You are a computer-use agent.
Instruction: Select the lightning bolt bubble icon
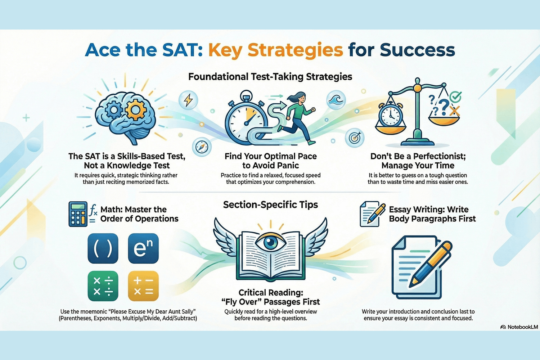pyautogui.click(x=188, y=100)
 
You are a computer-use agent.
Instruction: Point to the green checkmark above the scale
pyautogui.click(x=455, y=97)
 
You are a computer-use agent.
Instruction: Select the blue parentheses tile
pyautogui.click(x=103, y=248)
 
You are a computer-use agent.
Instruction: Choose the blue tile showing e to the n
pyautogui.click(x=143, y=248)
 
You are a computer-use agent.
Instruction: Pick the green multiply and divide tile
pyautogui.click(x=103, y=286)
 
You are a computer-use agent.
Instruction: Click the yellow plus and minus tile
pyautogui.click(x=143, y=286)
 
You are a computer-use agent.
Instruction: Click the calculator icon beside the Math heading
pyautogui.click(x=78, y=214)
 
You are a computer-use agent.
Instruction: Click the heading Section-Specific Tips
pyautogui.click(x=270, y=204)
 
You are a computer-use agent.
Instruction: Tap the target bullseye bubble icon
pyautogui.click(x=354, y=138)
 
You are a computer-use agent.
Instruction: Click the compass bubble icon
pyautogui.click(x=202, y=147)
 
